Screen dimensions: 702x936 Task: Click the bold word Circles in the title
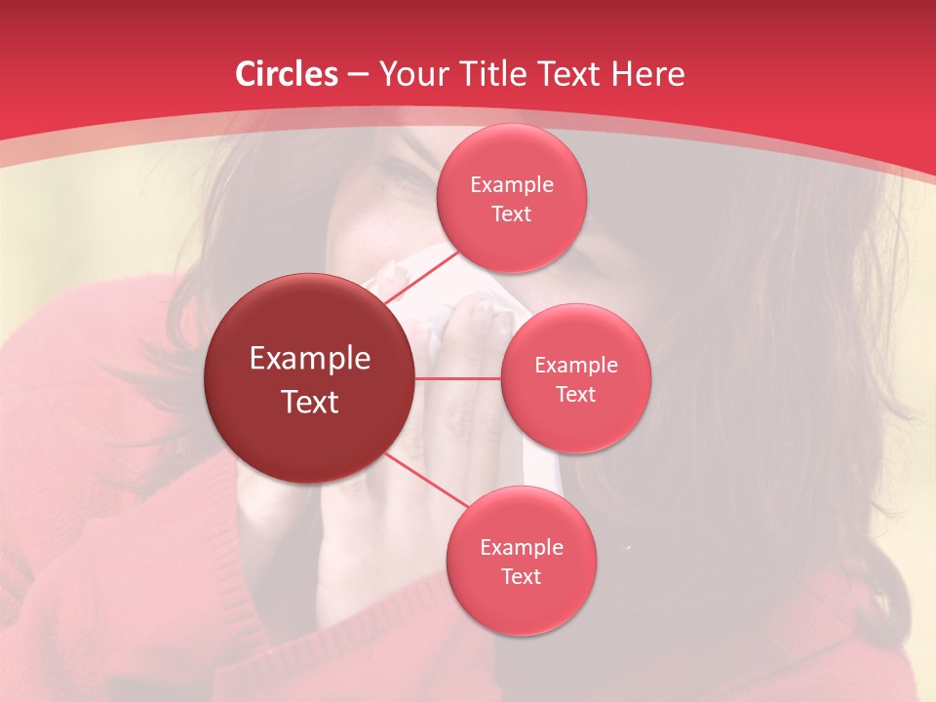287,74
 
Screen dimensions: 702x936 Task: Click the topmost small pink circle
511,199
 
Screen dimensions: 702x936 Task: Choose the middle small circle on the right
575,378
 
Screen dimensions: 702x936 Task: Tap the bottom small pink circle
521,561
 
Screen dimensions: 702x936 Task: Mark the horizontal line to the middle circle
458,378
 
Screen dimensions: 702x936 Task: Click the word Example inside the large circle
310,359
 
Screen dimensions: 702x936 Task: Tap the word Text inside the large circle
310,402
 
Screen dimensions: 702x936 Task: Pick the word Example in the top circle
511,184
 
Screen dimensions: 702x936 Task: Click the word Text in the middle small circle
575,394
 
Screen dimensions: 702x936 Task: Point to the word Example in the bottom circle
521,547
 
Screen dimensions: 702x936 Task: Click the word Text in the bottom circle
521,576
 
